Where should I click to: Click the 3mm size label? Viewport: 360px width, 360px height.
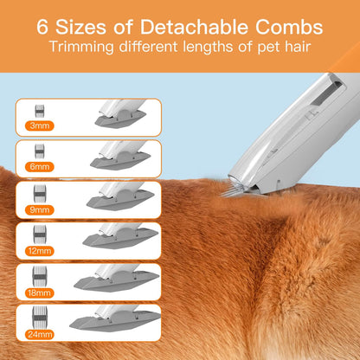pyautogui.click(x=39, y=125)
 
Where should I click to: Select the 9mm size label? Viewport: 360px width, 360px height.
pyautogui.click(x=39, y=209)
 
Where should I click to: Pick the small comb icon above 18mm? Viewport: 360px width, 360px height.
pyautogui.click(x=39, y=274)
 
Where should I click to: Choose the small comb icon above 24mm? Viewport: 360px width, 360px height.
pyautogui.click(x=39, y=316)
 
